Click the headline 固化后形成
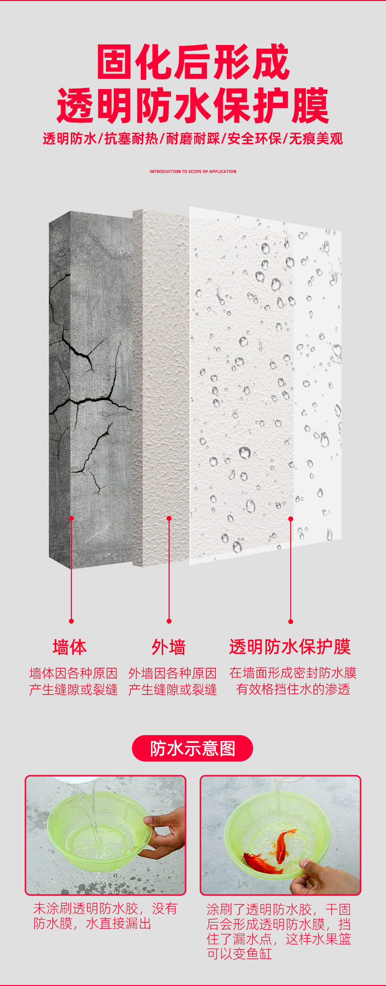pyautogui.click(x=193, y=62)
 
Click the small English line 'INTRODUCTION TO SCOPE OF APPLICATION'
pyautogui.click(x=193, y=172)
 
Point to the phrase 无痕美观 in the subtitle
pyautogui.click(x=316, y=139)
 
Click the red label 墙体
pyautogui.click(x=70, y=647)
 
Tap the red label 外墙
pyautogui.click(x=169, y=647)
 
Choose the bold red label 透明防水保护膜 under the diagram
pyautogui.click(x=290, y=647)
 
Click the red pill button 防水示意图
pyautogui.click(x=193, y=748)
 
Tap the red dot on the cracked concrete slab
pyautogui.click(x=71, y=518)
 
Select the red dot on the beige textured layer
pyautogui.click(x=169, y=518)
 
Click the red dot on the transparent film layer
pyautogui.click(x=291, y=518)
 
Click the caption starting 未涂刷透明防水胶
pyautogui.click(x=105, y=909)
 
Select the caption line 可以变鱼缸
pyautogui.click(x=239, y=954)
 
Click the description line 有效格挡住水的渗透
pyautogui.click(x=293, y=690)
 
